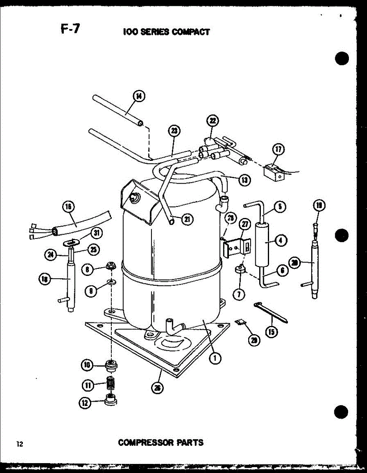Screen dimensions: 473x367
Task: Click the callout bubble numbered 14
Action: coord(139,96)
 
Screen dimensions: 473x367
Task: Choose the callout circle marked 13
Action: coord(245,180)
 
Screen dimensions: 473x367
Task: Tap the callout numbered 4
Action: coord(281,240)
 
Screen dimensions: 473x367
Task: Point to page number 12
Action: coord(20,445)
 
